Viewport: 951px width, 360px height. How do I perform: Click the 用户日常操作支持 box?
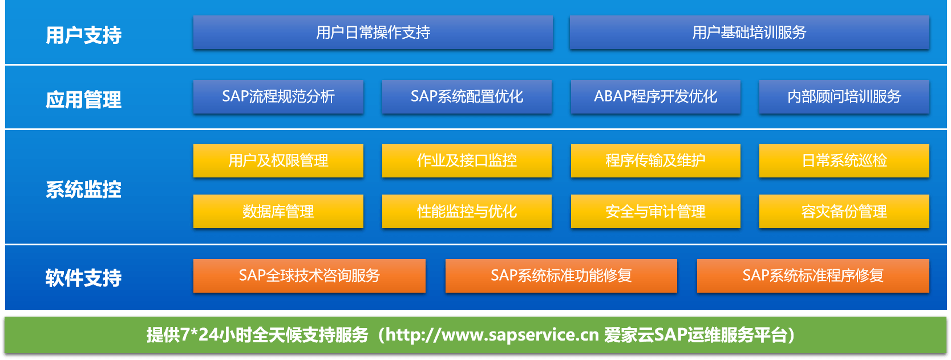tap(373, 33)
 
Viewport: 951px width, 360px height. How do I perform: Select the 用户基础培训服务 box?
tap(749, 33)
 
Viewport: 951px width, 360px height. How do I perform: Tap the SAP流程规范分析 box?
tap(278, 96)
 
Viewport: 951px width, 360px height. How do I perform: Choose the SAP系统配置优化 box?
tap(467, 96)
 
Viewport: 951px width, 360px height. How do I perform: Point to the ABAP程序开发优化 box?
tap(655, 96)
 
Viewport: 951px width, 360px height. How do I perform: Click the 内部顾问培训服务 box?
tap(844, 96)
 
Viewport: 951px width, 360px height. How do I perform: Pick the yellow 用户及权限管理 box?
tap(278, 160)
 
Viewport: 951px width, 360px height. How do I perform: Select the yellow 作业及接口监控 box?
tap(467, 160)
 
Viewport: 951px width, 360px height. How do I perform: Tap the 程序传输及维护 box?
tap(655, 160)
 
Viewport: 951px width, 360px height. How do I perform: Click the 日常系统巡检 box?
tap(844, 160)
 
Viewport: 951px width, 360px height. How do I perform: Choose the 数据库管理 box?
tap(278, 211)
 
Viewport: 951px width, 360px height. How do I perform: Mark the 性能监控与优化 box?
tap(467, 211)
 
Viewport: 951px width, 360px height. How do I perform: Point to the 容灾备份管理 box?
tap(844, 211)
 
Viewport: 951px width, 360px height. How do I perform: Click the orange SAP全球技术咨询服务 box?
tap(309, 276)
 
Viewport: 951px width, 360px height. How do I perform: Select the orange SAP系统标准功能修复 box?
tap(561, 276)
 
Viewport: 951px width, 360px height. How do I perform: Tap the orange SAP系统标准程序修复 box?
tap(813, 276)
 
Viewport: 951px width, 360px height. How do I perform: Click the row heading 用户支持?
tap(83, 35)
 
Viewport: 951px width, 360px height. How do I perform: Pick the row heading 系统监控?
tap(83, 189)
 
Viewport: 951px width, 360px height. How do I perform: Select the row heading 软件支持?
tap(83, 278)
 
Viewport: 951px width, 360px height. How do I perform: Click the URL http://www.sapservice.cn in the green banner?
tap(492, 335)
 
